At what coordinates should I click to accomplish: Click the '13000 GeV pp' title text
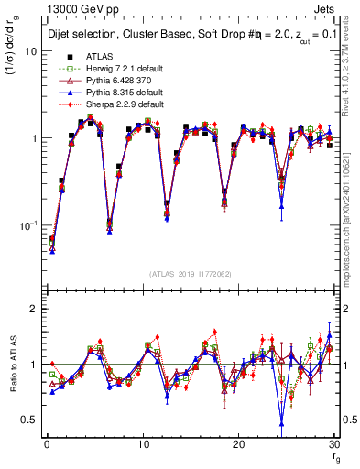point(76,9)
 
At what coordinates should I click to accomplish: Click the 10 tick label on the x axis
point(142,444)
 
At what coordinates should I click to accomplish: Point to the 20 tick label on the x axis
point(238,444)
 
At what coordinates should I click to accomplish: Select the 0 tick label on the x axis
point(47,444)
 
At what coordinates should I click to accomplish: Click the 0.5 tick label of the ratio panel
point(31,420)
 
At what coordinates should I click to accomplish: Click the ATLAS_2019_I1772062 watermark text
point(190,274)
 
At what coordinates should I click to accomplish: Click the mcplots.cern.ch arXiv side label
point(351,229)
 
